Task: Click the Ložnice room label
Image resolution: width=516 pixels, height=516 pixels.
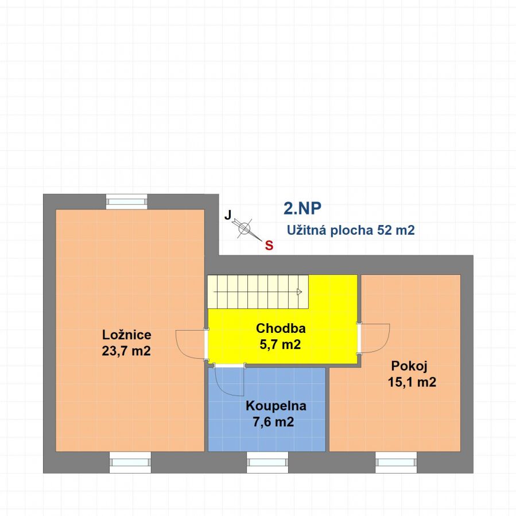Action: coord(127,335)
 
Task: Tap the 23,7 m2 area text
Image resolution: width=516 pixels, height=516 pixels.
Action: coord(126,351)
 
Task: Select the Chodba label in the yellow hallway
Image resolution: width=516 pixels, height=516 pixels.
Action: coord(281,328)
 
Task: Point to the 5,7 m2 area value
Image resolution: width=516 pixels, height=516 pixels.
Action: coord(280,344)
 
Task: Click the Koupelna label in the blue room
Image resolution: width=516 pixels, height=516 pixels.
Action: coord(276,406)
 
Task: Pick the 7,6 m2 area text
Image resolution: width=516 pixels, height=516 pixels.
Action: coord(273,422)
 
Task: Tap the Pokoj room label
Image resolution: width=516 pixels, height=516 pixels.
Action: coord(409,366)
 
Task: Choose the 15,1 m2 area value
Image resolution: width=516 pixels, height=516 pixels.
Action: coord(412,382)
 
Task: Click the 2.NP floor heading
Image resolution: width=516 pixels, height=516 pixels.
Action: coord(302,208)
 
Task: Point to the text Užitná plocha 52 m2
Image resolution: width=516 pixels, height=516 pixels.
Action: coord(351,230)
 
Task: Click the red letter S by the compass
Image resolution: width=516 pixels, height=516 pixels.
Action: coord(269,246)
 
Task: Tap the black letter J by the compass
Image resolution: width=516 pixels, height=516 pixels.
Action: coord(228,215)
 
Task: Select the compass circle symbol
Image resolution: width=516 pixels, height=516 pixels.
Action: coord(244,228)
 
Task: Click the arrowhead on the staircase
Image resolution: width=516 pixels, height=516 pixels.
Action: coord(300,292)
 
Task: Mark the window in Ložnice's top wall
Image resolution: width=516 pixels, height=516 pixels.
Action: coord(127,201)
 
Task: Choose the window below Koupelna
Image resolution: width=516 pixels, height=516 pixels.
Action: coord(267,463)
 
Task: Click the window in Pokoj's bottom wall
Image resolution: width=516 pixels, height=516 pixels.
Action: coord(396,463)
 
